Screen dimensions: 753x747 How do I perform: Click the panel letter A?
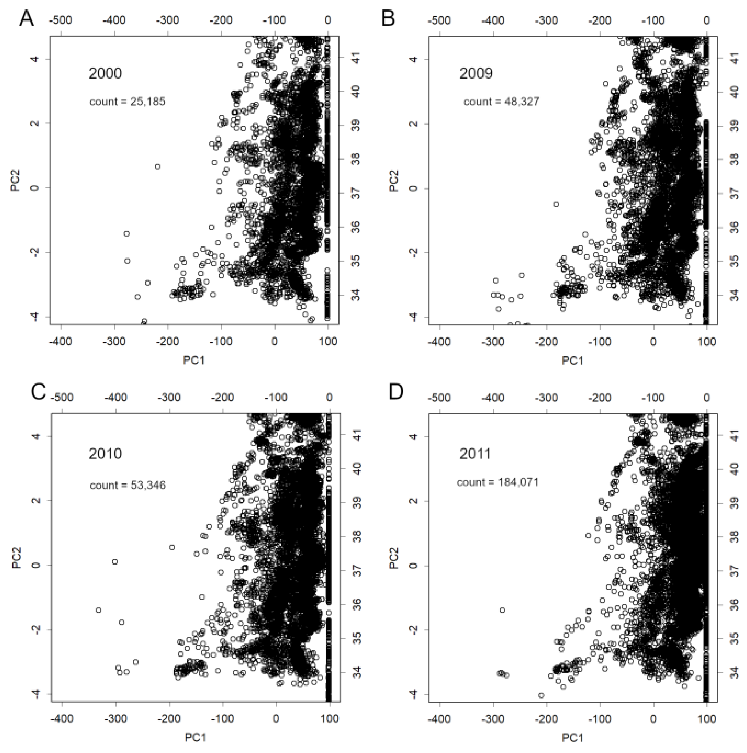coord(27,19)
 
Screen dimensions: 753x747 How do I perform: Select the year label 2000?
coord(105,73)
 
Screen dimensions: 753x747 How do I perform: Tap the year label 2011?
coord(475,454)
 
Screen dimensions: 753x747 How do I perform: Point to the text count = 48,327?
coord(501,102)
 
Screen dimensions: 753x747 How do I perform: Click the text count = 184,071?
coord(497,482)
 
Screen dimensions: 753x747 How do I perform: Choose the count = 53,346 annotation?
coord(128,485)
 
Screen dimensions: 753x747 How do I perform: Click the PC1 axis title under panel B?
coord(572,360)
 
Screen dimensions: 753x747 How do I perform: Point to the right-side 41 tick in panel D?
coord(735,436)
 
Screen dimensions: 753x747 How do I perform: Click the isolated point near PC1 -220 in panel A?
coord(158,167)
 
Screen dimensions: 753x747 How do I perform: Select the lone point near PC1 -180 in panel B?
coord(556,204)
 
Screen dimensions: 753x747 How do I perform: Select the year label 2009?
coord(475,73)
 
